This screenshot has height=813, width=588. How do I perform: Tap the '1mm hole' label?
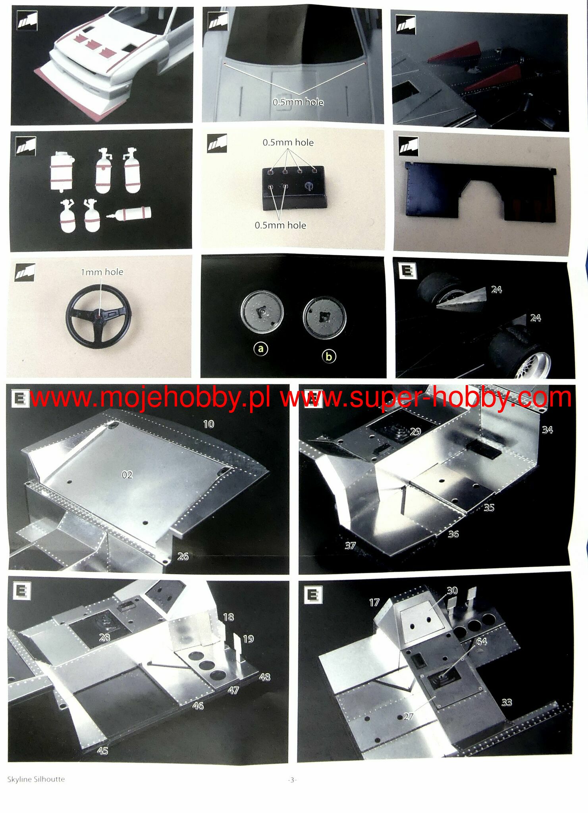point(102,272)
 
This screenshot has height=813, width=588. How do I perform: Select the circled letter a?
point(261,349)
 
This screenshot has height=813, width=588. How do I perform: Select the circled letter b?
point(329,356)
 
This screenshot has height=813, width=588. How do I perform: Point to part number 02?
point(127,475)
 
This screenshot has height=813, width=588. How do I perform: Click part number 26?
point(183,557)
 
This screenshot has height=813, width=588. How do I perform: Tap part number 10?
point(208,424)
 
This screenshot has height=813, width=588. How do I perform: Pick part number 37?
point(350,546)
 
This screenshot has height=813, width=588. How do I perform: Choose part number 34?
point(547,430)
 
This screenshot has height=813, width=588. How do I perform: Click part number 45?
point(102,751)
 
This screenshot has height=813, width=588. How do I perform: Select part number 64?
point(481,642)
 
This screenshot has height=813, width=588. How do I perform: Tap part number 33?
point(506,702)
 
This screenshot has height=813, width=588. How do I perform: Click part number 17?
point(374,603)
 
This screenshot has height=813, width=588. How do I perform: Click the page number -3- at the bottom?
point(292,780)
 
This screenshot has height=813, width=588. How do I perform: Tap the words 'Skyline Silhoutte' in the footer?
point(36,779)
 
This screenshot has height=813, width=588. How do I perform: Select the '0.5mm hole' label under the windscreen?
point(298,102)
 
